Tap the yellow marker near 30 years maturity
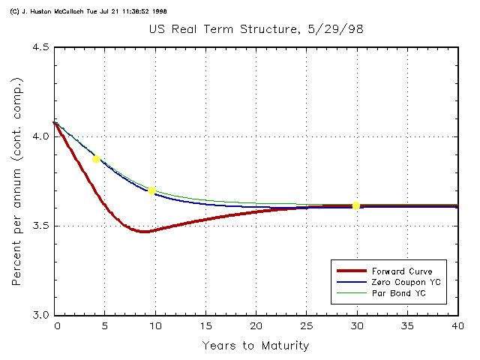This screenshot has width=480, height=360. tap(356, 205)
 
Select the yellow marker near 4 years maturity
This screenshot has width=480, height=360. tap(96, 159)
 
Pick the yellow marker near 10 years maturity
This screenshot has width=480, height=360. tap(151, 190)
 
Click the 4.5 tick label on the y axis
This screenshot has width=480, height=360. tap(40, 47)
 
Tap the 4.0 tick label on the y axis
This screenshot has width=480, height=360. tap(40, 136)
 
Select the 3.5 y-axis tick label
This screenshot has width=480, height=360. tap(40, 226)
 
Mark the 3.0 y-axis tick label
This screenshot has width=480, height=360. tap(40, 315)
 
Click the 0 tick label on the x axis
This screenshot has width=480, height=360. tap(56, 327)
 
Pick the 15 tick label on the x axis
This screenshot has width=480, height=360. tap(205, 327)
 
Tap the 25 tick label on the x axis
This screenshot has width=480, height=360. tap(305, 327)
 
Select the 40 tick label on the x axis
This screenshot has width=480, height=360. tap(455, 327)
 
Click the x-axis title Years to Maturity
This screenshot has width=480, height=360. tap(255, 346)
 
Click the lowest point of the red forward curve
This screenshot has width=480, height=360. tap(143, 232)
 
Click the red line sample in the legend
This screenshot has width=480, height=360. tap(350, 271)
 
